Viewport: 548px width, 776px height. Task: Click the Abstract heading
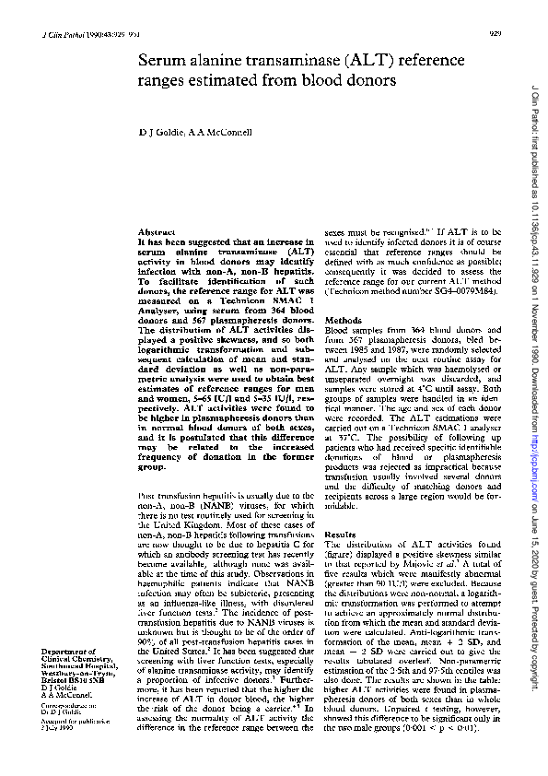[x=150, y=231]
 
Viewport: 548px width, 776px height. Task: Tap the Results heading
[x=340, y=535]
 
